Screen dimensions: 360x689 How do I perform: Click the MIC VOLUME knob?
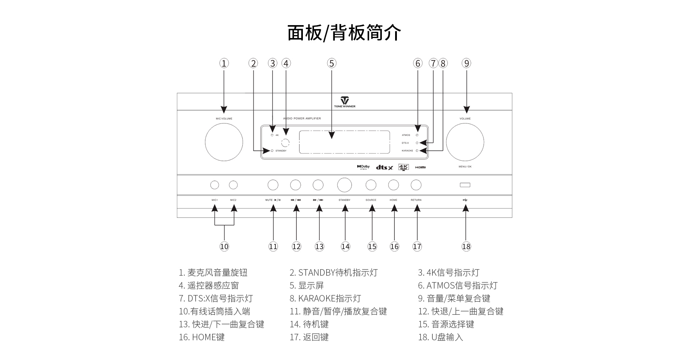[x=224, y=142]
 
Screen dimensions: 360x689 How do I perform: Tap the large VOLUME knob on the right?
[x=465, y=142]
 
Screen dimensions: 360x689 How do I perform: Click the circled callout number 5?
[x=331, y=64]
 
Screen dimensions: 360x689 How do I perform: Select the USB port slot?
[x=465, y=185]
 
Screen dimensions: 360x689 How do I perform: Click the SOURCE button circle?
[x=371, y=185]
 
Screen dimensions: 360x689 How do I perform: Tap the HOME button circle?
[x=393, y=185]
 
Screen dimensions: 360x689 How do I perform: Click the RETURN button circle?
[x=416, y=185]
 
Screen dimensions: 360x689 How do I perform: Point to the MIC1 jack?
[x=215, y=185]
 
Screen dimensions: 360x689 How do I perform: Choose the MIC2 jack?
[x=233, y=185]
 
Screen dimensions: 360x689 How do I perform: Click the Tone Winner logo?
[x=344, y=102]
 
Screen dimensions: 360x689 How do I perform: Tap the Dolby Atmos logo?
[x=363, y=167]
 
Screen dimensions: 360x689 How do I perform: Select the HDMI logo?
[x=421, y=167]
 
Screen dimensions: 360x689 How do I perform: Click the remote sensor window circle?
[x=285, y=142]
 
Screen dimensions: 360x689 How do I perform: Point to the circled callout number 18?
[x=466, y=247]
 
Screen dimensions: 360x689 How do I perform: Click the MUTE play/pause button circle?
[x=273, y=185]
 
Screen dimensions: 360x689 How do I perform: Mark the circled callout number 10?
[x=224, y=247]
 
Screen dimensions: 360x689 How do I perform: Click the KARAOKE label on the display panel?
[x=407, y=151]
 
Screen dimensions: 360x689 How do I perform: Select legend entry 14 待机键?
[x=309, y=324]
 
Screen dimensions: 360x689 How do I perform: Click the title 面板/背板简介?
[x=344, y=33]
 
